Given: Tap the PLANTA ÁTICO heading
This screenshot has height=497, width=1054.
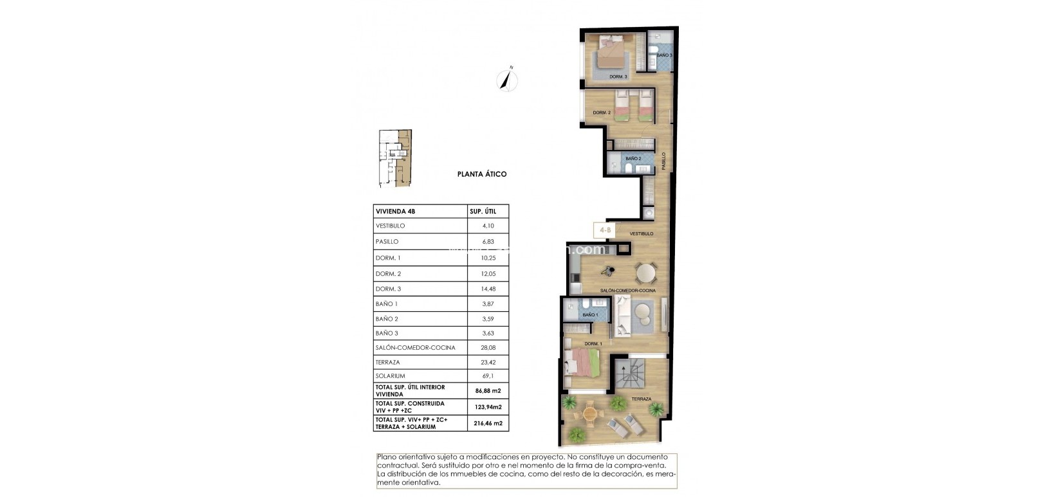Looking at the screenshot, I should [x=482, y=174].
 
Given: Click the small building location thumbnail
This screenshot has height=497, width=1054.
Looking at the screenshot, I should [x=394, y=158].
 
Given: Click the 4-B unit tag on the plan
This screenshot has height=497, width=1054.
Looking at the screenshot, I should [x=606, y=230].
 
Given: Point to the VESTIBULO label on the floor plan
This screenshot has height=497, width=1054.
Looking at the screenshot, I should [x=642, y=234].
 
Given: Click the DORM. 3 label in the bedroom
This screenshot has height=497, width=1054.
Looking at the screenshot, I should [x=618, y=77].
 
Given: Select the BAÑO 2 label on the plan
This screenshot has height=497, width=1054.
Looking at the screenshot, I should [x=633, y=159].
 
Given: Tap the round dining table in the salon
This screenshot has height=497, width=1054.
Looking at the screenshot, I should [x=647, y=274].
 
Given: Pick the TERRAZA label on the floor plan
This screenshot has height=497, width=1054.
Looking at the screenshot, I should [x=641, y=399].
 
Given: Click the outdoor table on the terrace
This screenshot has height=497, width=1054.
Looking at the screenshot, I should [x=589, y=415].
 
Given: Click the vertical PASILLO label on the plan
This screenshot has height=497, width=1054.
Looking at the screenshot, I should [x=664, y=161].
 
